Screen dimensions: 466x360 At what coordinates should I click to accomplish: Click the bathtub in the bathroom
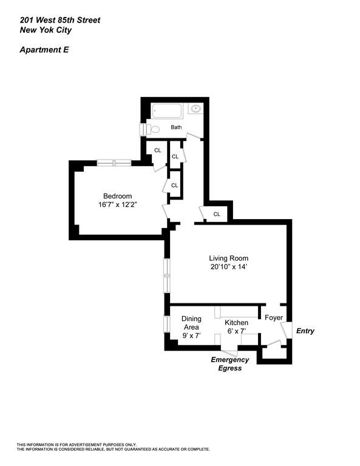coord(167,111)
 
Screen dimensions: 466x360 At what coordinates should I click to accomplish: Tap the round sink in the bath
coord(195,110)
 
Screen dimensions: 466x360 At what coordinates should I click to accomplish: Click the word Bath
coord(176,127)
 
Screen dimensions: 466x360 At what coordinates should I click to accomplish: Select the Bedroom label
coord(117,196)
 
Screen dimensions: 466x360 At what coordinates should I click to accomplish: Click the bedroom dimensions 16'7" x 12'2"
coord(117,205)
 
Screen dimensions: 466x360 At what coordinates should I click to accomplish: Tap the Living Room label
coord(229,258)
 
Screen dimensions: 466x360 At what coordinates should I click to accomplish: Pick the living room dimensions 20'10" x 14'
coord(229,267)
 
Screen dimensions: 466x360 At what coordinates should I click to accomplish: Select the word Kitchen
coord(236,322)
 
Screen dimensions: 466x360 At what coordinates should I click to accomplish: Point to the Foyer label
coord(274,317)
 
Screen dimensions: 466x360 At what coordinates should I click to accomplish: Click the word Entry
coord(305,331)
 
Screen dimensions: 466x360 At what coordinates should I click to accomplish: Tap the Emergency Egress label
coord(230,363)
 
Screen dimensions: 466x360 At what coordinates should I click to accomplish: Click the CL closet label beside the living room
coord(217,214)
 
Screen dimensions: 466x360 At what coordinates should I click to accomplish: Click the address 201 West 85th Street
coord(59,20)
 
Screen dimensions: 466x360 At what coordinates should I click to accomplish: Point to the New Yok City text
coord(47,29)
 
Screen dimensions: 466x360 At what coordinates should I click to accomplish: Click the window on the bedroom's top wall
coord(114,163)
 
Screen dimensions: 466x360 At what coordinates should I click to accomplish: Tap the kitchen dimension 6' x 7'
coord(236,331)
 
